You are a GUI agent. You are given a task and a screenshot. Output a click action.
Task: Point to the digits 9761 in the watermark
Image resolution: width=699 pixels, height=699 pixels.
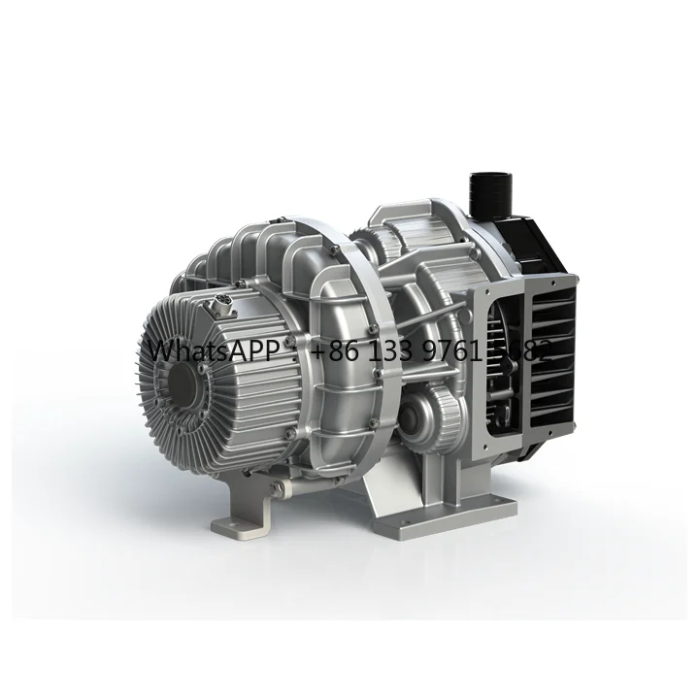[462, 350]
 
